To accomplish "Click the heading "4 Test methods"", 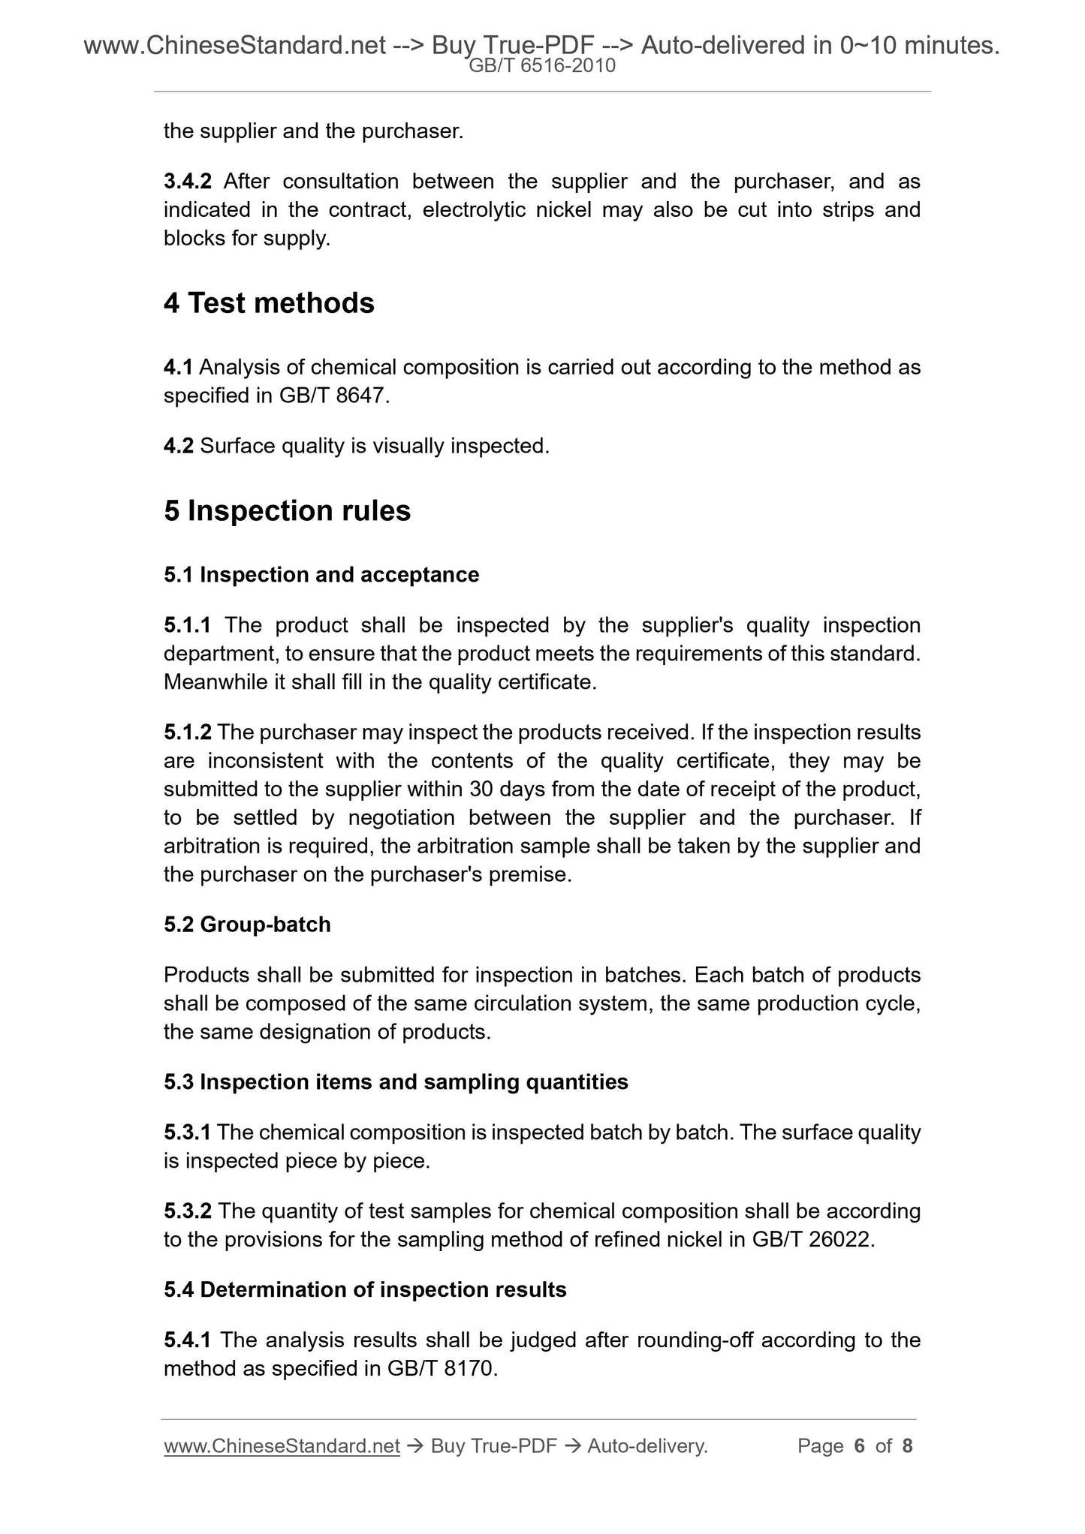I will click(x=269, y=303).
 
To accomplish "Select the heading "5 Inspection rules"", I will click(x=287, y=511).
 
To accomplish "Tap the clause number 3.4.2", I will click(x=188, y=182).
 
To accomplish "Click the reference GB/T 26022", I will click(x=812, y=1239).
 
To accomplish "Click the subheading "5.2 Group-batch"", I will click(x=247, y=925).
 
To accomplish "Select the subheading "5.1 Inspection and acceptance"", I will click(x=321, y=575).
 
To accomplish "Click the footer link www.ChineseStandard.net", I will click(x=282, y=1446).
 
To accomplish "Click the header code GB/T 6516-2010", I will click(x=542, y=66).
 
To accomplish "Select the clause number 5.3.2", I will click(x=188, y=1211).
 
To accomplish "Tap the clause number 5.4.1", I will click(x=188, y=1340).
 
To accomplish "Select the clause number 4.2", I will click(x=179, y=447).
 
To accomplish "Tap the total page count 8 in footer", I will click(x=907, y=1446).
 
